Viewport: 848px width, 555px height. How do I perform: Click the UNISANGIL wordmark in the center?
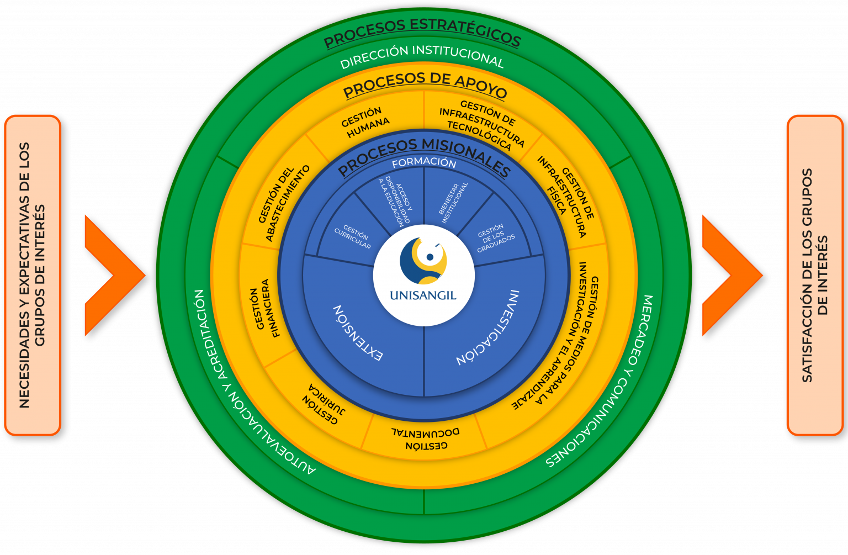click(423, 295)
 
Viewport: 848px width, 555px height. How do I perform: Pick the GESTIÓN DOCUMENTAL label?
click(426, 438)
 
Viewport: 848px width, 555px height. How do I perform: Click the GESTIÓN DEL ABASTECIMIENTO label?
click(284, 203)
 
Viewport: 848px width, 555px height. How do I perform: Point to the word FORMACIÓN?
click(424, 163)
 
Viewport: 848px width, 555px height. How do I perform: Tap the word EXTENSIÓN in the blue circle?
click(358, 333)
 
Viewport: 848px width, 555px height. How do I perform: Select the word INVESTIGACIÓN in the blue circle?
click(488, 328)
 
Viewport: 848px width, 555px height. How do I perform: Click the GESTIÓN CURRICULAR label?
click(353, 237)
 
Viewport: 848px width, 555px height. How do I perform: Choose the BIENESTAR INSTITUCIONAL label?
click(453, 202)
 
